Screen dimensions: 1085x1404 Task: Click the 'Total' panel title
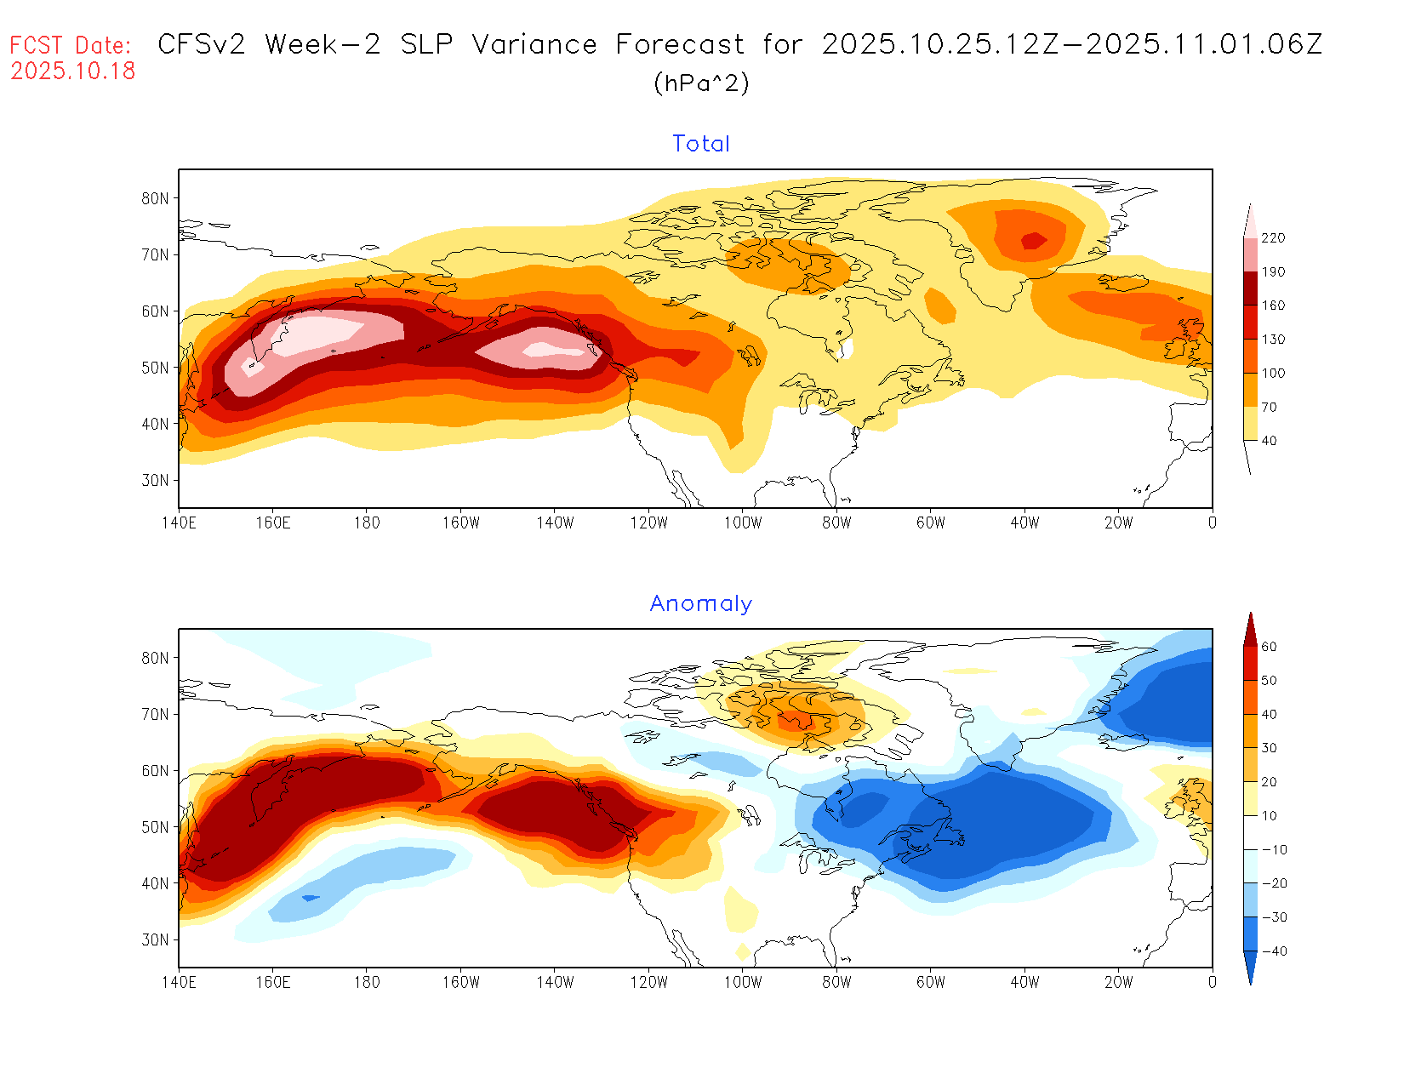click(701, 144)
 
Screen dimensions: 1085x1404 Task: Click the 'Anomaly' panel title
click(700, 603)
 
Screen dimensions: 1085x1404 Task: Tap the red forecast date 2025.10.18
click(73, 71)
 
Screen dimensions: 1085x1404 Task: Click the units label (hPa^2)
click(701, 83)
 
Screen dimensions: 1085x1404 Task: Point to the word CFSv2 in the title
click(202, 44)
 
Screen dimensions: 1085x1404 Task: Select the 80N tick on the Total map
click(155, 198)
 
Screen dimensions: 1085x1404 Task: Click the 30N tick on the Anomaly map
click(155, 939)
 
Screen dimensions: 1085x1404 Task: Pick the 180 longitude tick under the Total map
click(367, 523)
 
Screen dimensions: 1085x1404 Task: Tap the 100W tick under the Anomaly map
click(743, 982)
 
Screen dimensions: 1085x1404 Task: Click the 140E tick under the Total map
click(179, 523)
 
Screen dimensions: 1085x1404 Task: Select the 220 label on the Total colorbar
click(1273, 238)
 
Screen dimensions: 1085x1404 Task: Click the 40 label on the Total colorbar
click(1269, 441)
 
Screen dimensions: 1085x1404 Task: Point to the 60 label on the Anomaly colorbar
click(1269, 647)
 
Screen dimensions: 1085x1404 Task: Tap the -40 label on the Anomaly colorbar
click(1273, 951)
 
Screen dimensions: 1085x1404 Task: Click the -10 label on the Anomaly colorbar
click(1273, 850)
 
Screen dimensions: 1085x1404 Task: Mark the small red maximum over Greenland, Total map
click(1034, 240)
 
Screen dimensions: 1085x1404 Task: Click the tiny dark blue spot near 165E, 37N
click(311, 898)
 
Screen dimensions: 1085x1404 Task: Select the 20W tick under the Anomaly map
click(1118, 982)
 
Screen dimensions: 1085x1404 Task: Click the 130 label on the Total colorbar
click(1273, 340)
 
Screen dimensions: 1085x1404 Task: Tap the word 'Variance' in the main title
click(534, 44)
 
